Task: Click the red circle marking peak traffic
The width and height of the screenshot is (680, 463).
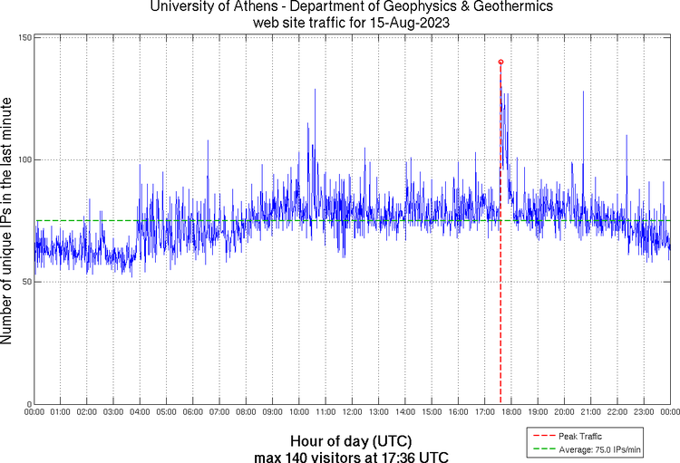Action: click(x=500, y=62)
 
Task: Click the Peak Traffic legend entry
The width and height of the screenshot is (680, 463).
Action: click(x=579, y=437)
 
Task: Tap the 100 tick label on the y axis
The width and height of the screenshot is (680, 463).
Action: click(x=24, y=159)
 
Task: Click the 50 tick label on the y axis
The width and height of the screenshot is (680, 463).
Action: click(x=25, y=282)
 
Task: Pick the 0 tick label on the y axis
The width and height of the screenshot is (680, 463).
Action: click(x=28, y=404)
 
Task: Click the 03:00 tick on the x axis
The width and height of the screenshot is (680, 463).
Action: click(x=113, y=412)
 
